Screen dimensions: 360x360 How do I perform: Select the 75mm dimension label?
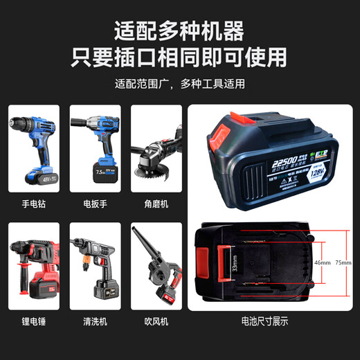tap(342, 264)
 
